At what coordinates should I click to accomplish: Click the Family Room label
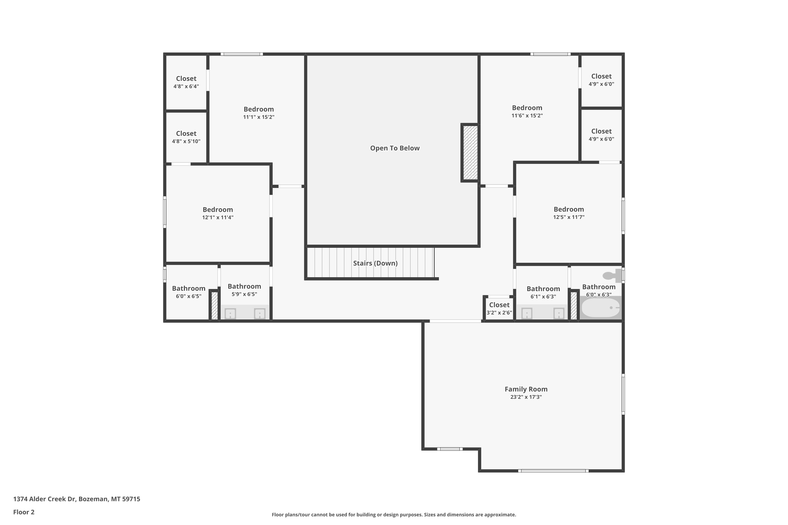526,389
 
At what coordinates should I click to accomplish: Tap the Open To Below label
395,148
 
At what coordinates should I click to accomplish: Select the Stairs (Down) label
375,263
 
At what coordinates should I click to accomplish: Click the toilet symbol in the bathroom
612,276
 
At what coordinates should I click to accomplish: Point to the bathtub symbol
600,308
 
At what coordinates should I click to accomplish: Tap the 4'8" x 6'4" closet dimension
186,86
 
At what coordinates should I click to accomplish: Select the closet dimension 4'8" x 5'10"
186,141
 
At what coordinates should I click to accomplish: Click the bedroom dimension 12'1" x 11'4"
218,217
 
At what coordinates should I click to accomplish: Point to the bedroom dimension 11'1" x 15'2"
259,117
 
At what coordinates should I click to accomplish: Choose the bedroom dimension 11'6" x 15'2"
527,116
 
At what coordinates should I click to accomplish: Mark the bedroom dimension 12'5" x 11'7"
569,217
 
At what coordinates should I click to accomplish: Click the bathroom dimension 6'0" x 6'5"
189,296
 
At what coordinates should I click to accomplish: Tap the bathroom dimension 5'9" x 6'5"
244,294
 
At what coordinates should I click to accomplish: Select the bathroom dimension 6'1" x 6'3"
543,297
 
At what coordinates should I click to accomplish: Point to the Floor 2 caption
24,512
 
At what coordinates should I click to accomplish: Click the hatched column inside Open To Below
470,153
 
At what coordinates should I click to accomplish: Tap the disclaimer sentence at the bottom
394,514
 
